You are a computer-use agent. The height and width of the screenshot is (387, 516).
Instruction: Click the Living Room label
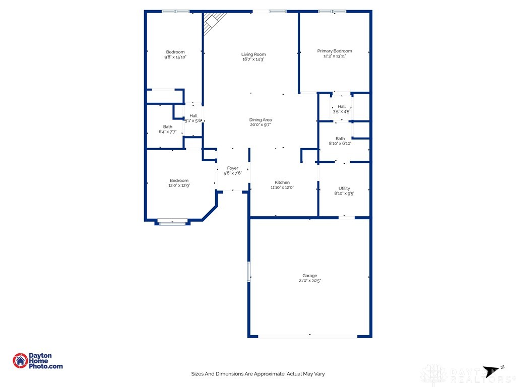tap(253, 54)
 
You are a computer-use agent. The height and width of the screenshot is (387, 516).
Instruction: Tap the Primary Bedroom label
tap(334, 51)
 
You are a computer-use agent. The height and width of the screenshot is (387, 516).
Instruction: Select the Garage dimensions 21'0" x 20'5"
tap(309, 281)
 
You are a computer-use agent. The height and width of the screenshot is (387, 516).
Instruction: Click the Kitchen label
tap(282, 182)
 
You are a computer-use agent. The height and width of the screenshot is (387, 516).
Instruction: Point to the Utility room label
tap(344, 188)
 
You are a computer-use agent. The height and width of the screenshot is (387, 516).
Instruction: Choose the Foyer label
tap(232, 168)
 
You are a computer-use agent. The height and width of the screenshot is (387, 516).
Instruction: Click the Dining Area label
tap(261, 120)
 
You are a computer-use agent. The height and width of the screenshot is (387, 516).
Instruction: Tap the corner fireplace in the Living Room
tap(211, 22)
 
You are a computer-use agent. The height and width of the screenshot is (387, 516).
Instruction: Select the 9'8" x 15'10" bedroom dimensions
tap(175, 57)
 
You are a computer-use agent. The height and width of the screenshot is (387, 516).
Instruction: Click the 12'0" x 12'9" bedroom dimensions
tap(179, 185)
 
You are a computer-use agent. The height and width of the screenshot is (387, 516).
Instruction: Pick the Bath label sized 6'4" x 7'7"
tap(167, 127)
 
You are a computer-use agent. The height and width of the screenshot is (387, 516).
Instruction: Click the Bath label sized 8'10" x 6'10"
tap(340, 139)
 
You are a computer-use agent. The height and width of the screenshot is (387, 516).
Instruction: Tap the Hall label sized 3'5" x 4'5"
tap(342, 106)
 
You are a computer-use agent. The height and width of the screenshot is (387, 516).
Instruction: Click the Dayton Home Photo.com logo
tap(38, 361)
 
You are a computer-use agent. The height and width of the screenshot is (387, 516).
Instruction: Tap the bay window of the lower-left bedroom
tap(172, 221)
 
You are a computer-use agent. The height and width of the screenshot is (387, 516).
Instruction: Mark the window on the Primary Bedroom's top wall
tap(333, 11)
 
